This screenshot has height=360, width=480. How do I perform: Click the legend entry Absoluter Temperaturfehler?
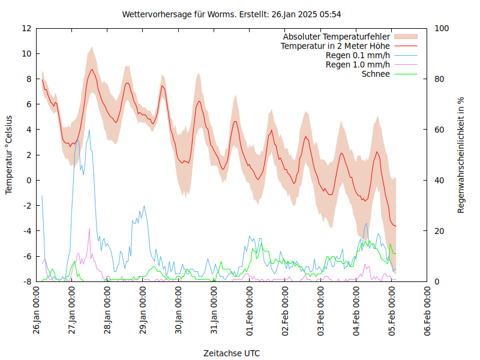(x=337, y=37)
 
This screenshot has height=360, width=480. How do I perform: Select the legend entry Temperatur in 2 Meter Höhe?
(x=335, y=46)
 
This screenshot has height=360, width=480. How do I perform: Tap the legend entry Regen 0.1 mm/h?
(x=358, y=55)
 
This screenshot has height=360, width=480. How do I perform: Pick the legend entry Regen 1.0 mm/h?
(x=358, y=65)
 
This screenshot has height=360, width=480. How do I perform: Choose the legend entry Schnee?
(x=376, y=74)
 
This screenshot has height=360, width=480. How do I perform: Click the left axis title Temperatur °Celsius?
(x=9, y=155)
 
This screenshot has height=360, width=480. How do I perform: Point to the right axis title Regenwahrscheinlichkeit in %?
(x=461, y=155)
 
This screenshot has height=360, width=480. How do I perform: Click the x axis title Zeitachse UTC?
(x=232, y=353)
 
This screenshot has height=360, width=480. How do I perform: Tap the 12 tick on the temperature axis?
(x=26, y=28)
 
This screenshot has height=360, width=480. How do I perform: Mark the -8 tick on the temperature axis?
(x=26, y=281)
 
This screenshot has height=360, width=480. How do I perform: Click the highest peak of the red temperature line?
(x=92, y=70)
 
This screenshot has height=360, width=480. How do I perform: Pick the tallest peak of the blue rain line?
(x=89, y=130)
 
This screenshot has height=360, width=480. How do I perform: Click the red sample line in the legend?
(x=406, y=46)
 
